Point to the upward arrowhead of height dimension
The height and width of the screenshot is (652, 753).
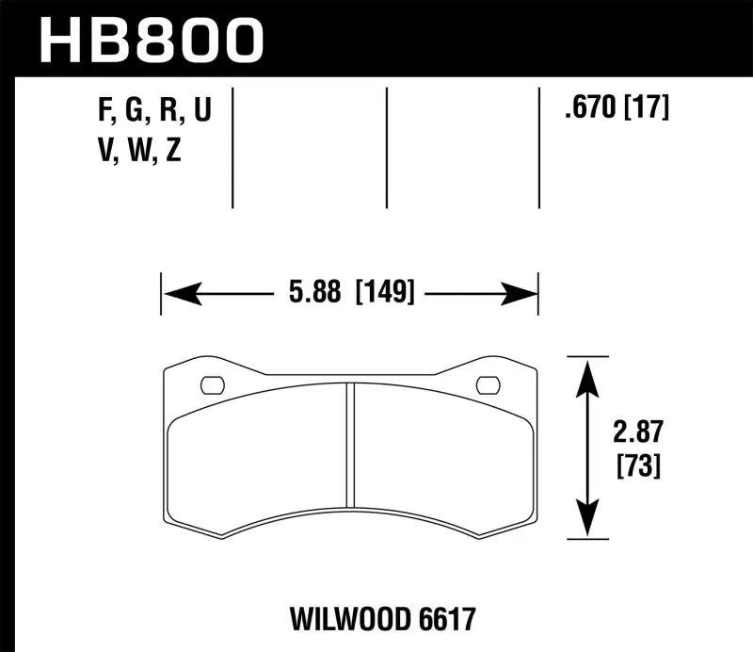(587, 375)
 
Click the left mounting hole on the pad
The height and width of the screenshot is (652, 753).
(213, 384)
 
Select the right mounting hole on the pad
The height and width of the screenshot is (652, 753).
(488, 384)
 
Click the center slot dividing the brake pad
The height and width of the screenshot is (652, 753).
(349, 442)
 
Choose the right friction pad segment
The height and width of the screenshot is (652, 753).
(442, 452)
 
